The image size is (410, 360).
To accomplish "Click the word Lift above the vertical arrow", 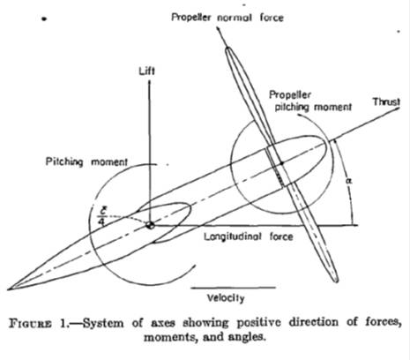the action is click(x=147, y=71).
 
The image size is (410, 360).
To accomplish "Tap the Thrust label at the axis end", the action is click(x=386, y=101).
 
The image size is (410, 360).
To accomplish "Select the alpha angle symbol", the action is click(x=349, y=181).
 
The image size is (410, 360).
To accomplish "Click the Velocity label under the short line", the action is click(x=226, y=298).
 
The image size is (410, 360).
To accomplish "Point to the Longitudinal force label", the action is click(x=249, y=236).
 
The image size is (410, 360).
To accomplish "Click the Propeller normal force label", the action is click(x=227, y=18).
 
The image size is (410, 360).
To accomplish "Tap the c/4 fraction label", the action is click(x=101, y=215).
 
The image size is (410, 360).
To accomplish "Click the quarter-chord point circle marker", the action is click(x=150, y=225).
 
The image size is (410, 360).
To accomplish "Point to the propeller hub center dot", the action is click(x=281, y=163).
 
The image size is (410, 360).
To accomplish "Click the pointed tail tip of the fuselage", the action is click(x=8, y=289).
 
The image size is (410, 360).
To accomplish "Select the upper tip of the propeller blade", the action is click(x=227, y=48).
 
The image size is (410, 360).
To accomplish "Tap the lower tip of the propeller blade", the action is click(x=336, y=281).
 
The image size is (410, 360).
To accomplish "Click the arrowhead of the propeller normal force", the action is click(x=219, y=29).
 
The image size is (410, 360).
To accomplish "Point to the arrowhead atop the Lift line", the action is click(x=149, y=82).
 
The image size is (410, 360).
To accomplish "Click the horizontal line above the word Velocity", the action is click(x=234, y=288).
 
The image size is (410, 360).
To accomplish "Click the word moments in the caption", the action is click(x=169, y=337).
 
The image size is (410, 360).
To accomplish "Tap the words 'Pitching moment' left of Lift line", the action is click(x=86, y=161).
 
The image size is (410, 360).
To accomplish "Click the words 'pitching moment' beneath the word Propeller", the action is click(x=313, y=107).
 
